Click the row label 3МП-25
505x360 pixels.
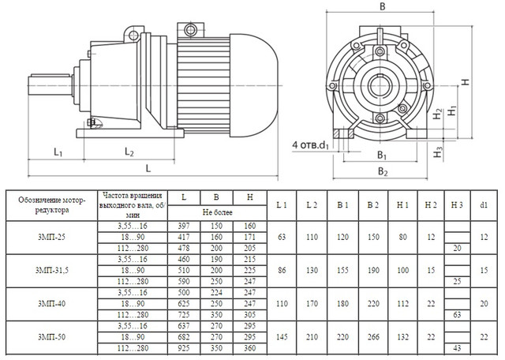(x=51, y=237)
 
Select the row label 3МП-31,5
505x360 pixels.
(x=51, y=271)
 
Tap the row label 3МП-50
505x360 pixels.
(x=51, y=337)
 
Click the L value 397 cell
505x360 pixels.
(x=184, y=227)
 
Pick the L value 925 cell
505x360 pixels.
(x=184, y=348)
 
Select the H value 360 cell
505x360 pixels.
(x=250, y=348)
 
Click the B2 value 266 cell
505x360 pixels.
(x=373, y=337)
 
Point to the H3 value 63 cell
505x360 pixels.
(x=457, y=315)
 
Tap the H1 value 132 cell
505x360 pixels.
(x=402, y=337)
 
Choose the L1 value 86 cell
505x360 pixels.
(x=282, y=271)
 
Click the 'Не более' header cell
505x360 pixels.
(x=218, y=212)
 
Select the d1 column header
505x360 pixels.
(x=484, y=205)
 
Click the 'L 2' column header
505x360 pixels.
(x=312, y=205)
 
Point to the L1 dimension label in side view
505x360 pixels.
(x=58, y=152)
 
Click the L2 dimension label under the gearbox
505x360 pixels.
(x=129, y=152)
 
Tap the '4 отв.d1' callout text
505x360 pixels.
(x=310, y=145)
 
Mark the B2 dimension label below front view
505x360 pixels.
(x=383, y=171)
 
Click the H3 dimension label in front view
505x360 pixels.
(x=438, y=152)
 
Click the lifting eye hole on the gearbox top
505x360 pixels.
(x=133, y=35)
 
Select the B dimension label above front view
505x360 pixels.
(x=382, y=6)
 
